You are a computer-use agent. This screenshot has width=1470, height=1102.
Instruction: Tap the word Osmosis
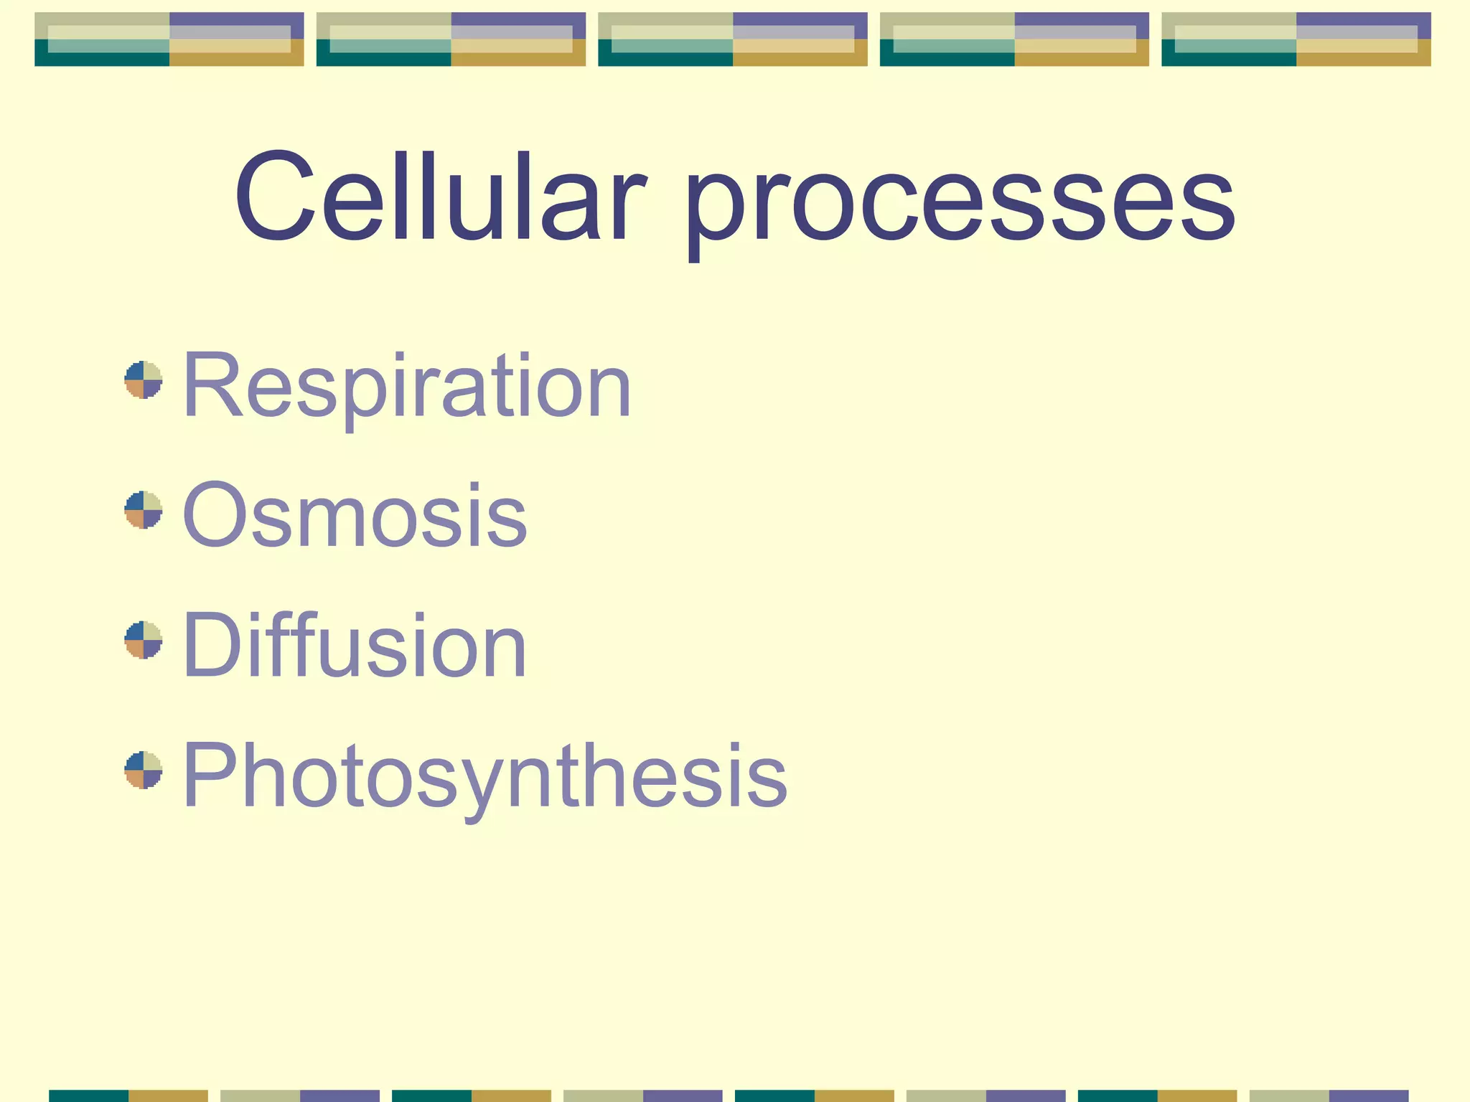tap(355, 515)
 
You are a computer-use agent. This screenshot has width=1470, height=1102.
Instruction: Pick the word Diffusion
tap(355, 645)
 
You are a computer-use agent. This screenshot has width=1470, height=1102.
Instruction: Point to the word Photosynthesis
tap(485, 777)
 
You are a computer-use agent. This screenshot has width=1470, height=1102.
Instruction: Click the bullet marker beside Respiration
tap(144, 380)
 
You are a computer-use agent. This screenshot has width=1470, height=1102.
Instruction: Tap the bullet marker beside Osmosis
tap(144, 510)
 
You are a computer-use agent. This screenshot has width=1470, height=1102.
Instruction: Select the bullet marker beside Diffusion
tap(144, 640)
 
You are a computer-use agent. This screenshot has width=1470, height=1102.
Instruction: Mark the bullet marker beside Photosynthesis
tap(144, 771)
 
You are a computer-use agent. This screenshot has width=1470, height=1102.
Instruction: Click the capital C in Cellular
tap(275, 197)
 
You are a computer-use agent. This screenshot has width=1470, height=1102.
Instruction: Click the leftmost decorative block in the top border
tap(169, 39)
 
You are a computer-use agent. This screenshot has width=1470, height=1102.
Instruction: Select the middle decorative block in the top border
tap(733, 39)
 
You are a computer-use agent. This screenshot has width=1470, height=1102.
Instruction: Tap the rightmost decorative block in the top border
tap(1296, 39)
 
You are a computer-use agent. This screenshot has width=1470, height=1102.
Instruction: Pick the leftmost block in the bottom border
tap(128, 1096)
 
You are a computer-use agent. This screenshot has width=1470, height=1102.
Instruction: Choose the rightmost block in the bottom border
tap(1329, 1096)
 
